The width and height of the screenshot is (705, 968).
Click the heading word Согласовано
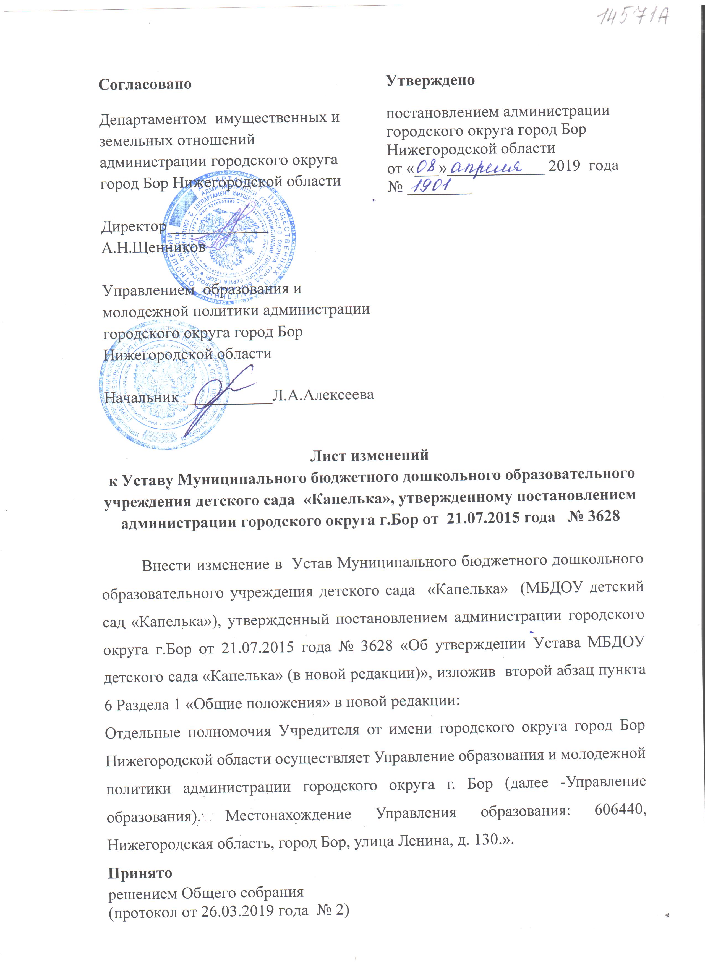145,84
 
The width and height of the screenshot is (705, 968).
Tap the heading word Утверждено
430,80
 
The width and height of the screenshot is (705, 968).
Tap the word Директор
134,227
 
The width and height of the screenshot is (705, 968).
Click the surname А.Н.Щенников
153,247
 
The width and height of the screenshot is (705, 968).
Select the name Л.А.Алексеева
323,395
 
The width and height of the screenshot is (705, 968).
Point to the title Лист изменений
369,455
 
